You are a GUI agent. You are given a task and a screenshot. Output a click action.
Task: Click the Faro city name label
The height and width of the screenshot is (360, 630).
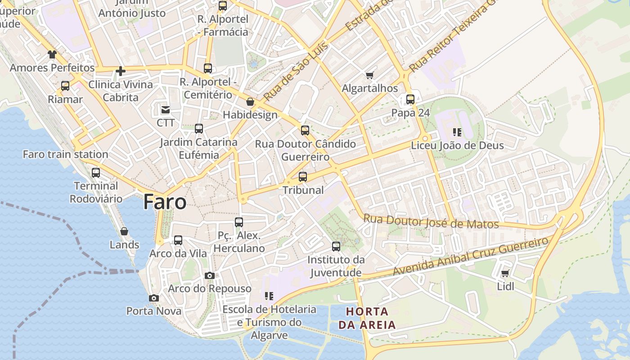[165, 202]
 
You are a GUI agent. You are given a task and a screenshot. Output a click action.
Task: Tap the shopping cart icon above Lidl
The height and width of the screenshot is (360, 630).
[505, 273]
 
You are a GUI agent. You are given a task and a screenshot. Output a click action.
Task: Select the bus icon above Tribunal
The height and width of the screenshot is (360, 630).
[303, 176]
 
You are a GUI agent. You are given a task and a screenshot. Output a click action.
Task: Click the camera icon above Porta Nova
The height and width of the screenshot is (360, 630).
[154, 298]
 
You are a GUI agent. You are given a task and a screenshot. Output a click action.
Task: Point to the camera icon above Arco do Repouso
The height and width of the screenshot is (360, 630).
[209, 275]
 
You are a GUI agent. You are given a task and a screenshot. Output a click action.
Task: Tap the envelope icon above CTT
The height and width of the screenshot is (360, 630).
[166, 109]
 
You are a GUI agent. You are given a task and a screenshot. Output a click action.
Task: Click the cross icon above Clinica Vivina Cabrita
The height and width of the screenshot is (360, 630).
[120, 71]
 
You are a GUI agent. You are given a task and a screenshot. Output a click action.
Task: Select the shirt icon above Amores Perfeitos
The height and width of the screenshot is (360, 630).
[52, 54]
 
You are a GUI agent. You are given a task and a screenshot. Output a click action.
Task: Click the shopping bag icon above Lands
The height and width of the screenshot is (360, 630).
[124, 231]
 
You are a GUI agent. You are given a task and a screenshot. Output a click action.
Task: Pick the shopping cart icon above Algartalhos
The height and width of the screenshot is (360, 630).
[370, 75]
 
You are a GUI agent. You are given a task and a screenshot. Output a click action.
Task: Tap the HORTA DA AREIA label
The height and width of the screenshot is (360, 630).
[367, 318]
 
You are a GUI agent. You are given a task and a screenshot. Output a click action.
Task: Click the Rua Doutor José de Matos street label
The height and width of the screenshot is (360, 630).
[431, 221]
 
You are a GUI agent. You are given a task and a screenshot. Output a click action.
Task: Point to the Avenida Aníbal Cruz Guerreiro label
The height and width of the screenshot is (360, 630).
[470, 256]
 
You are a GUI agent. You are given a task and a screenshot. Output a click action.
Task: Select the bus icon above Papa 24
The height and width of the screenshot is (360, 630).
[410, 99]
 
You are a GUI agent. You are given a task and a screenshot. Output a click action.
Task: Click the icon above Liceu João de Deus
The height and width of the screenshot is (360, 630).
[457, 132]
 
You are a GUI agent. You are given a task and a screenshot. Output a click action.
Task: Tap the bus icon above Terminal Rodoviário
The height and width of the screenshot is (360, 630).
[96, 172]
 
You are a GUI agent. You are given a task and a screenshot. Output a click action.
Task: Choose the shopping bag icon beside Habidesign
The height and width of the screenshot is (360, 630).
[250, 102]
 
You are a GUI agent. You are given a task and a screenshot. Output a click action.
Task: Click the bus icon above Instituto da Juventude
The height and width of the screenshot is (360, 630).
[336, 246]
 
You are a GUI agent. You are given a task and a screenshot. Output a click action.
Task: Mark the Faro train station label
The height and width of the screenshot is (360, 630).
[66, 154]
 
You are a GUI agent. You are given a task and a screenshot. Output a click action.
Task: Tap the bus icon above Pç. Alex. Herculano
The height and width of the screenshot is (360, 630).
[239, 222]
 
